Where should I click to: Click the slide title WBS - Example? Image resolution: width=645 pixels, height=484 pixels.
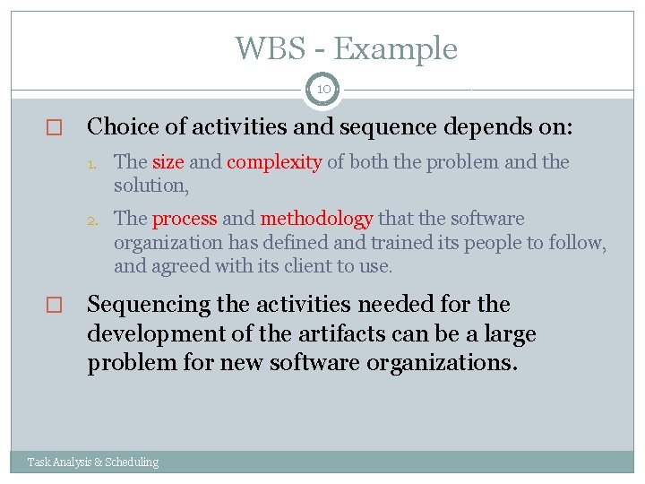[x=346, y=48]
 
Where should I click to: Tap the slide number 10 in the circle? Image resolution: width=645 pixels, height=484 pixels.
[x=322, y=90]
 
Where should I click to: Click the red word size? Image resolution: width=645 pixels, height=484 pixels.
[x=168, y=162]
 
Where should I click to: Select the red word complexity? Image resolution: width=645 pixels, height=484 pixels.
[x=274, y=162]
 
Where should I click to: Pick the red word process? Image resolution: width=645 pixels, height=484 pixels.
[x=185, y=219]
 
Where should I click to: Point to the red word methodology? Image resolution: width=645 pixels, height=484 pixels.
[x=316, y=219]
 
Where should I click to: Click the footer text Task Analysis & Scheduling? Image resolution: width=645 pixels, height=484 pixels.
[x=93, y=462]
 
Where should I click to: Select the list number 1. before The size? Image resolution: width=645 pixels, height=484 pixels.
[x=101, y=163]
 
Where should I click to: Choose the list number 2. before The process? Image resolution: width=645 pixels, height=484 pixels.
[x=101, y=220]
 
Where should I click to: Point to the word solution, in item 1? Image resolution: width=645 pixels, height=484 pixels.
[x=150, y=186]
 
